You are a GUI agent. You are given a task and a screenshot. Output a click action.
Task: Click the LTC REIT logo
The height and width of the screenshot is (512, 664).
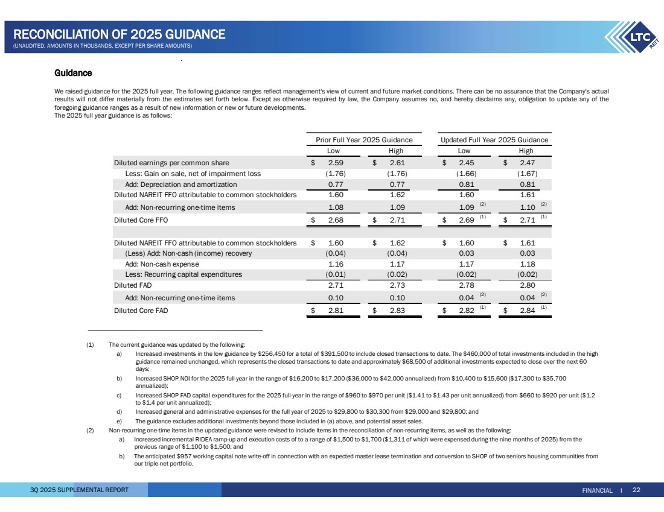(x=634, y=38)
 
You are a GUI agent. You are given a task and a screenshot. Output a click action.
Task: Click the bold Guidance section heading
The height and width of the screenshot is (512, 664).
(x=73, y=73)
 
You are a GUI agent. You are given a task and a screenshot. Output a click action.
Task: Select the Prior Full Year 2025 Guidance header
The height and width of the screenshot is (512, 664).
(x=364, y=140)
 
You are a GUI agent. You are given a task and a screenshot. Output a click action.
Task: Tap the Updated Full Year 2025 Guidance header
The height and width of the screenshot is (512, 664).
(x=495, y=140)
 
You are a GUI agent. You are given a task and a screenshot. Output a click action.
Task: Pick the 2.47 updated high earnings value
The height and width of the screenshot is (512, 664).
(x=526, y=163)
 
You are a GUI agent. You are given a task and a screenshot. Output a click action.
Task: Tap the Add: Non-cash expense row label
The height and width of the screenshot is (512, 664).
(x=161, y=264)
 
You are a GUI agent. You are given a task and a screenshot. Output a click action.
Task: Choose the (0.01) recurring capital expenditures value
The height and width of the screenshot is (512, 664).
(x=336, y=274)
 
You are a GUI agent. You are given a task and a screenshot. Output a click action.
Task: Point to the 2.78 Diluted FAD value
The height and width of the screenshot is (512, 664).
(x=465, y=285)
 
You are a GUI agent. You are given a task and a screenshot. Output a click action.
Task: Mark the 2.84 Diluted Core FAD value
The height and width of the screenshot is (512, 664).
(x=526, y=311)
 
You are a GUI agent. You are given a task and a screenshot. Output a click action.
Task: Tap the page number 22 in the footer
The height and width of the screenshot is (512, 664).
(x=636, y=490)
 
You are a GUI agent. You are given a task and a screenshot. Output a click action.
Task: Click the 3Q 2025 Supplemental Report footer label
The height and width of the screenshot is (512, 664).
(x=80, y=490)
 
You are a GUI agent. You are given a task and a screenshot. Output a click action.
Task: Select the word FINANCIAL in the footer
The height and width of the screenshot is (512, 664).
(x=598, y=490)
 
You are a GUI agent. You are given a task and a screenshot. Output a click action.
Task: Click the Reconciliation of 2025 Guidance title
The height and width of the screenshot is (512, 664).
(x=120, y=34)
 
